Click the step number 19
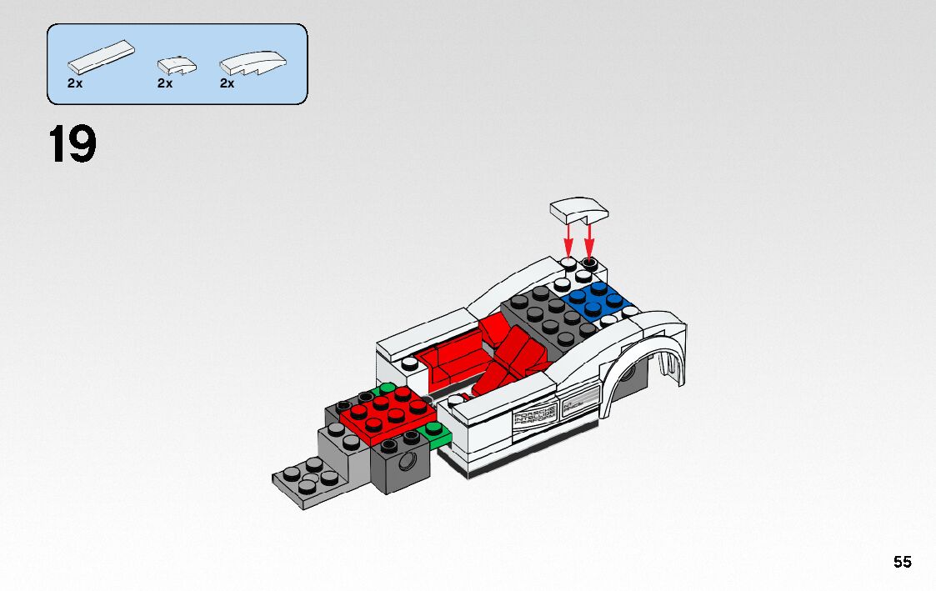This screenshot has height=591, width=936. pos(73,145)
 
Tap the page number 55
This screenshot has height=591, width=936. pos(903,562)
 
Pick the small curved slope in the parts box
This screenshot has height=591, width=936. pos(177,64)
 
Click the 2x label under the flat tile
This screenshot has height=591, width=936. pos(75,83)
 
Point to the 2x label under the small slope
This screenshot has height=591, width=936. pos(164,83)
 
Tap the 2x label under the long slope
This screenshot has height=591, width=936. pos(227,83)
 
